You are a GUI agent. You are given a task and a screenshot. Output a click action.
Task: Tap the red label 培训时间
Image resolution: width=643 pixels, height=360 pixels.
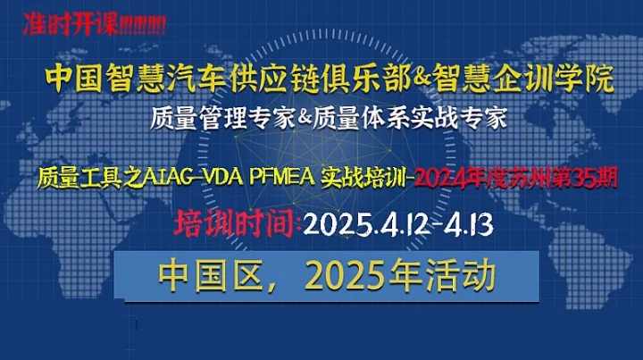237,222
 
